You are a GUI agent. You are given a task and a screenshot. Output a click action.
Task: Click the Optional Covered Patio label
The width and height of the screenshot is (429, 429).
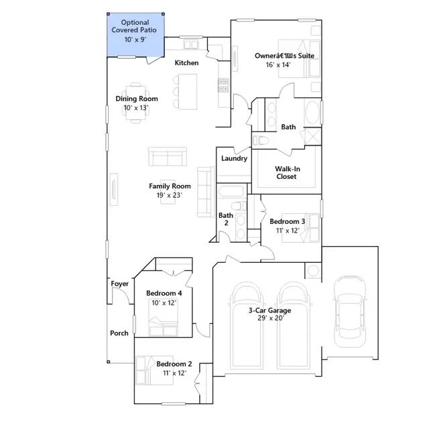pos(134,26)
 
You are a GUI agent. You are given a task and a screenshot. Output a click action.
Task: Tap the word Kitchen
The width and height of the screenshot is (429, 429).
pos(186,63)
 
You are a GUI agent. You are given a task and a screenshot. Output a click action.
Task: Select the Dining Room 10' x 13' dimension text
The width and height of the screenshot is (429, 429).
pos(135,108)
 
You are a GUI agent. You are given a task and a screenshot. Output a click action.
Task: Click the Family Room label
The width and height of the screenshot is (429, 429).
pos(170,186)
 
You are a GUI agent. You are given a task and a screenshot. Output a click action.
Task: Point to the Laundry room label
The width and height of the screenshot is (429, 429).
pos(234,158)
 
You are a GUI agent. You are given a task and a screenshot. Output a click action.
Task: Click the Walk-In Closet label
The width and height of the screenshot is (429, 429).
pos(287,173)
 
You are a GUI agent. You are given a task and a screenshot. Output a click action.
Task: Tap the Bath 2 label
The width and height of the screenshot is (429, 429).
pos(226,219)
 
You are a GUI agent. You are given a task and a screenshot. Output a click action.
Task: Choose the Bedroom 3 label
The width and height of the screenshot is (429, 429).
pos(288,221)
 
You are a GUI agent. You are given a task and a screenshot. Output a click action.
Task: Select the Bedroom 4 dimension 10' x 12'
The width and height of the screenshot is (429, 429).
pos(164,303)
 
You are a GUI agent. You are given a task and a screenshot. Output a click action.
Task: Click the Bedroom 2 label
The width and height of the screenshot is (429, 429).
pos(174,364)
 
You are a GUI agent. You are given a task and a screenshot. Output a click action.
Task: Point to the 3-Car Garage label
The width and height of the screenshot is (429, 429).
pos(269,310)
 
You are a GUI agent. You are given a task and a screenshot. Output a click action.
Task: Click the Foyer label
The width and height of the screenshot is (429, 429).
pos(119,284)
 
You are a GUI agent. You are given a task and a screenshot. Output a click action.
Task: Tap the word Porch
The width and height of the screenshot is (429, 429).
pos(119,333)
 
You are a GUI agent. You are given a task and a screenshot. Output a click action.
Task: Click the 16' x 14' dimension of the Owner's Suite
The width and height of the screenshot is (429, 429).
pos(278,65)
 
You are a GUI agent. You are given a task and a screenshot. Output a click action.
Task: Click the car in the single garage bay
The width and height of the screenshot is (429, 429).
pos(350,312)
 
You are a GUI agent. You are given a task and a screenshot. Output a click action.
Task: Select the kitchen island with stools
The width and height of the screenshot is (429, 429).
pos(185,92)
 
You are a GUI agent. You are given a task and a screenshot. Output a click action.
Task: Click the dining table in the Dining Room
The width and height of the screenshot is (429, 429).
pos(136,103)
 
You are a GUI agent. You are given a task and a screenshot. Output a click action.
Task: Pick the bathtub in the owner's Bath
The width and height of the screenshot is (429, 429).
pos(312,113)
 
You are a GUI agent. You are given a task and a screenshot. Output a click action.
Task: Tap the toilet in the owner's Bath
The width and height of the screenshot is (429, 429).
pos(261,141)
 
